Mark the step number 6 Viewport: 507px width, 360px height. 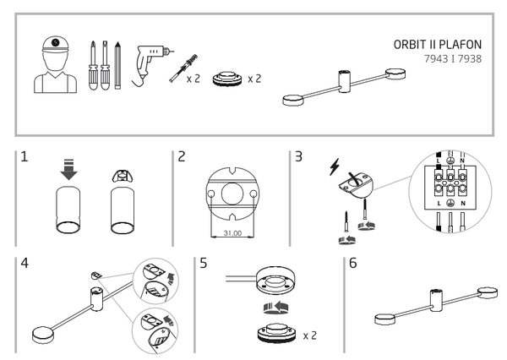click(x=353, y=263)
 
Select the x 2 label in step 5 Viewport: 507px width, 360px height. click(x=311, y=337)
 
